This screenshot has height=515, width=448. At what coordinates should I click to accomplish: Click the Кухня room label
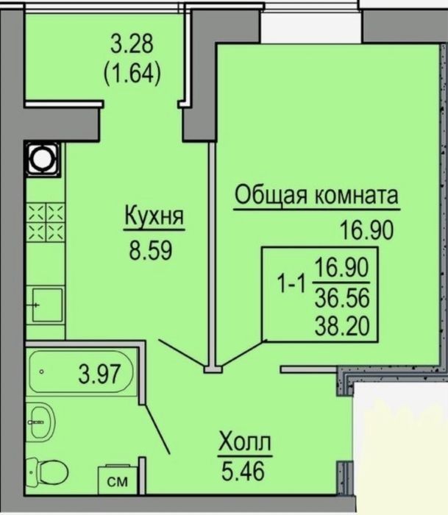(x=154, y=216)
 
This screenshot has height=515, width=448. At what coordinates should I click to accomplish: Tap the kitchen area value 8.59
(x=151, y=251)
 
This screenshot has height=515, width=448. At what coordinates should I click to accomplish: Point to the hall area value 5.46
(x=243, y=470)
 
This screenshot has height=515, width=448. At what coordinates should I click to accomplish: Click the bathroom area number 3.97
(x=100, y=374)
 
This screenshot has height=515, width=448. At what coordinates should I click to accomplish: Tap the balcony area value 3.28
(x=132, y=44)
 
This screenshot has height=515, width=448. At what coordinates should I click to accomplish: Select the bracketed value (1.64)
(x=132, y=74)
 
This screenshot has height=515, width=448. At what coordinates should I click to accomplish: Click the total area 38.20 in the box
(x=342, y=326)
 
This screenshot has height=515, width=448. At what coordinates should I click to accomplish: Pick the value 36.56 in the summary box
(x=342, y=298)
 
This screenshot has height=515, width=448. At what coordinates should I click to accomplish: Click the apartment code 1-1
(x=292, y=283)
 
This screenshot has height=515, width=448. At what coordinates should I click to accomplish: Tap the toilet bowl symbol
(x=48, y=472)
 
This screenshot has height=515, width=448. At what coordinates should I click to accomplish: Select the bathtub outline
(x=81, y=372)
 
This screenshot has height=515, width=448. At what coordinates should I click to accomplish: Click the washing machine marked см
(x=118, y=479)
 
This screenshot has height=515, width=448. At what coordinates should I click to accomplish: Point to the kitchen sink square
(x=47, y=305)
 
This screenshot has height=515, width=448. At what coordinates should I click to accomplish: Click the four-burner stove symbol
(x=46, y=222)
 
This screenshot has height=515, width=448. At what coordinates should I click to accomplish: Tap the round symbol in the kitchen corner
(x=43, y=160)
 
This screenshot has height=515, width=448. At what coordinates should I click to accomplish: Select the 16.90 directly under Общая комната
(x=366, y=230)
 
